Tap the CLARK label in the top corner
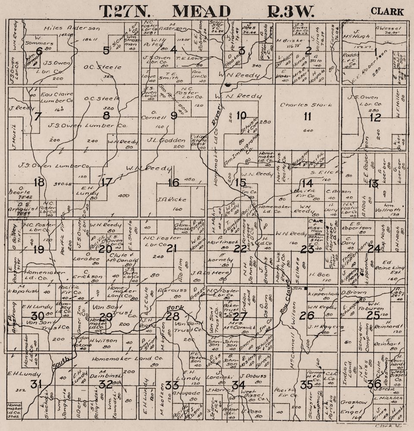coord(387,12)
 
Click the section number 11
coord(307,116)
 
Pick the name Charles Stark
coord(306,105)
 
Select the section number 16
coord(173,183)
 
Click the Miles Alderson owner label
coord(72,28)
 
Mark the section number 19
coord(38,249)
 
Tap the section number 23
coord(307,250)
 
